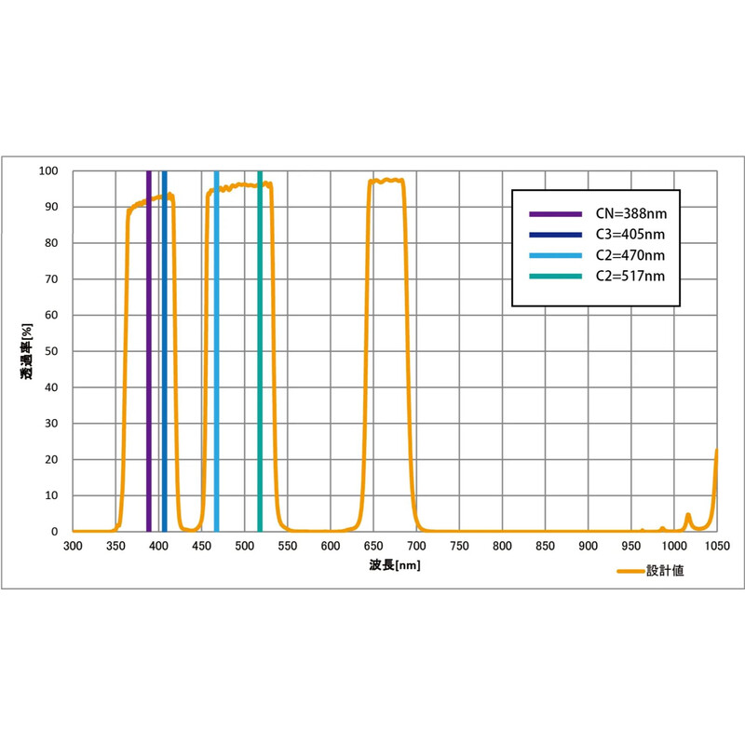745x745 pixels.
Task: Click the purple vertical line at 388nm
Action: (148, 354)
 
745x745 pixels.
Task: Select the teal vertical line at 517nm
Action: (260, 354)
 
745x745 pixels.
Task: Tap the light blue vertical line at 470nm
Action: (217, 354)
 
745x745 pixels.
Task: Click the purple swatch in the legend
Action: (554, 213)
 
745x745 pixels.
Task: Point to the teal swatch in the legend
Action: (554, 276)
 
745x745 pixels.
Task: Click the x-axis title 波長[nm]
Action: (394, 565)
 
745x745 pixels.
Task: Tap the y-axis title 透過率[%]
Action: (27, 352)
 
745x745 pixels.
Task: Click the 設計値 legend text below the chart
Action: (666, 571)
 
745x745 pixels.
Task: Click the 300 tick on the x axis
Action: (73, 546)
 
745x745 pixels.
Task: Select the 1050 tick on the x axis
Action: (715, 546)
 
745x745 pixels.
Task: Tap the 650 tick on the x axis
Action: (372, 546)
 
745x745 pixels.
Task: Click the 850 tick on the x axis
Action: (544, 546)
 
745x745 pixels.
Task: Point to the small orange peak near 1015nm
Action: (687, 516)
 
